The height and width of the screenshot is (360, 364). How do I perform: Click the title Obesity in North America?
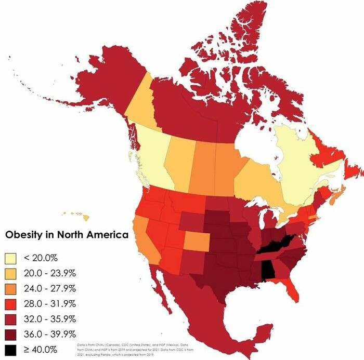[66, 235]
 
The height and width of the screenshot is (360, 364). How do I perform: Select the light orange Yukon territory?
[142, 104]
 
